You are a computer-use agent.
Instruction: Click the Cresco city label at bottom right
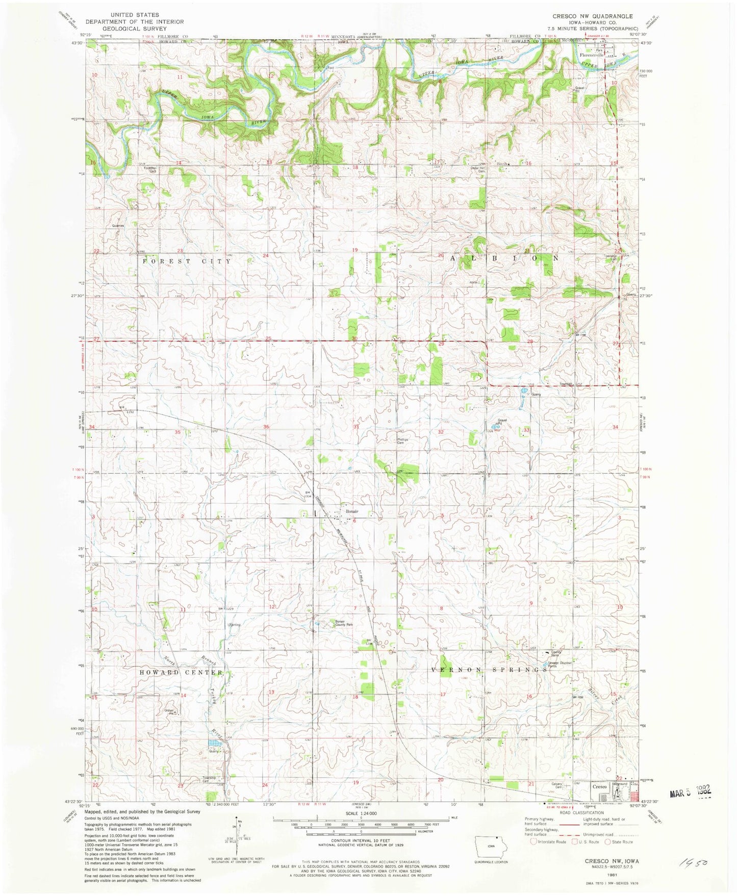click(x=600, y=787)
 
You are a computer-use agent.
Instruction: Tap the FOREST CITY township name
click(x=187, y=261)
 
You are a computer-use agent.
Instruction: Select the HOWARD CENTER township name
click(x=181, y=673)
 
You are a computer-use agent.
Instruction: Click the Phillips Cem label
click(x=403, y=441)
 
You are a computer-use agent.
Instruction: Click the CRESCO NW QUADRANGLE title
click(x=593, y=16)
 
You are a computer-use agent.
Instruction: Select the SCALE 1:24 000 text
click(x=360, y=813)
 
